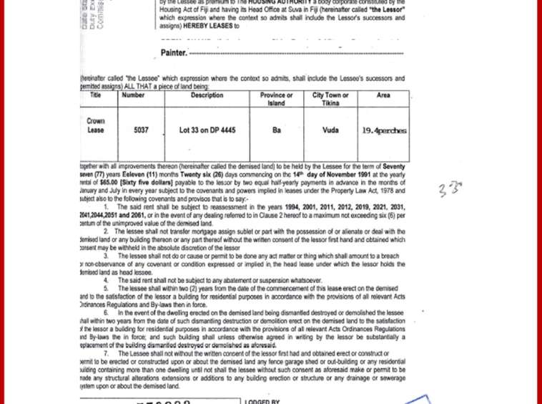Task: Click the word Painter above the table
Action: click(173, 52)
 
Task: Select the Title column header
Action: click(95, 95)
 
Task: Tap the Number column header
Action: click(134, 95)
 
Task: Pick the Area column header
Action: click(383, 95)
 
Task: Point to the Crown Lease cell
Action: click(95, 126)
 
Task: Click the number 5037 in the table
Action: click(141, 130)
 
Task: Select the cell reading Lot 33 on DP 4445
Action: click(207, 130)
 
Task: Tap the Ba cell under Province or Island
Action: click(277, 130)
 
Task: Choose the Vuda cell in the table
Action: click(330, 130)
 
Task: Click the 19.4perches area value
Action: click(384, 130)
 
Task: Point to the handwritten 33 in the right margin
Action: click(450, 189)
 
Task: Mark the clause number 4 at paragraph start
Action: click(106, 280)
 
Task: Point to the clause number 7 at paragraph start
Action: click(106, 354)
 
